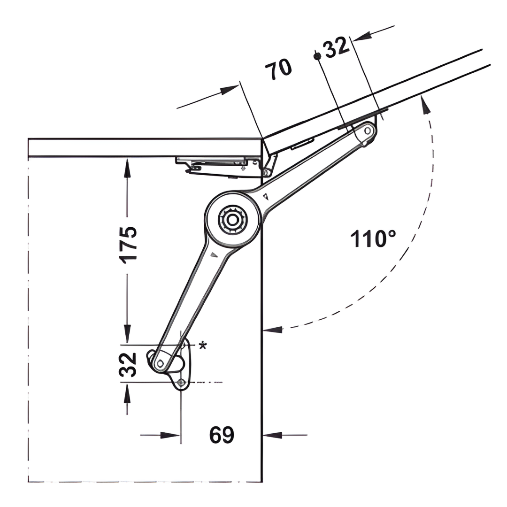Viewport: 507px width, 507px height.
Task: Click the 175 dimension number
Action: pos(128,245)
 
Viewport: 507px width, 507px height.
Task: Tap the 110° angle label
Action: pos(373,239)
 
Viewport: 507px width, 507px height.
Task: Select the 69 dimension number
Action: pos(222,435)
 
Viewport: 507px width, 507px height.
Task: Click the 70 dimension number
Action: pos(278,69)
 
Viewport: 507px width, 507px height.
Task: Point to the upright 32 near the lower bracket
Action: pos(128,365)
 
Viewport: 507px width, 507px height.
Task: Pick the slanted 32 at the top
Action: pos(337,47)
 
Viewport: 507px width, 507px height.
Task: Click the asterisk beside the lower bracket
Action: pos(202,346)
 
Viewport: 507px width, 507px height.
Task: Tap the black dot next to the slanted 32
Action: pos(317,56)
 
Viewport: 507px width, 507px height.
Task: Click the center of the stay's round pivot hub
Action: pos(232,220)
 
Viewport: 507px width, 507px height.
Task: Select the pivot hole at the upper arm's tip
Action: pos(368,131)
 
